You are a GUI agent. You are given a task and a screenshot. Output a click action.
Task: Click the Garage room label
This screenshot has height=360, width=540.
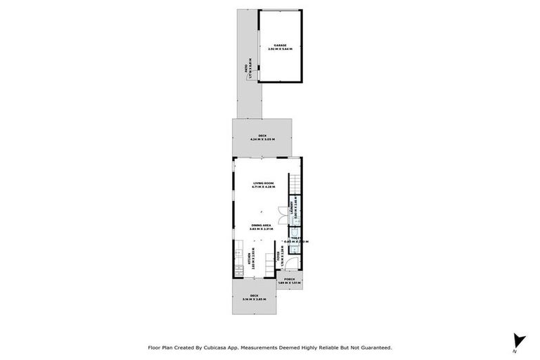(281, 47)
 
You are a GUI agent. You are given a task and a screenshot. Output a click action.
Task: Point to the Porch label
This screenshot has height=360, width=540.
(289, 281)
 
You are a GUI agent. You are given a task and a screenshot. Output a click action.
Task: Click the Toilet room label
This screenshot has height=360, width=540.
(297, 239)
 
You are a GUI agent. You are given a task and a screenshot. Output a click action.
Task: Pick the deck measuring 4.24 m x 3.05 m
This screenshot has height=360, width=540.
(262, 137)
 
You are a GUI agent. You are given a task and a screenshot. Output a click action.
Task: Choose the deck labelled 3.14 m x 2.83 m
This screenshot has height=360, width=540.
(255, 297)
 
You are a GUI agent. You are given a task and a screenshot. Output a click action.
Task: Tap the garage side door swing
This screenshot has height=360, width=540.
(262, 70)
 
